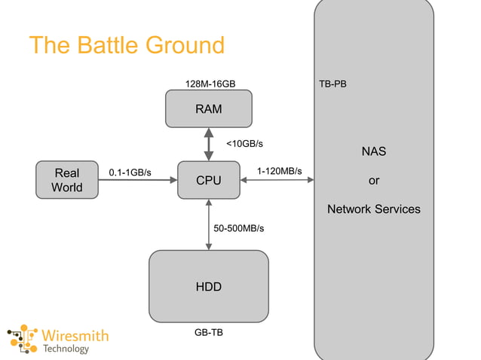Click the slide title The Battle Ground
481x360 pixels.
(x=127, y=45)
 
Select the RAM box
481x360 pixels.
(x=209, y=109)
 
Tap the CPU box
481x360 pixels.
(x=209, y=181)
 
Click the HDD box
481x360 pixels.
(x=209, y=286)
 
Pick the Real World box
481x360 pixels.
(x=67, y=180)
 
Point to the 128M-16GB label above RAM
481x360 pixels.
(x=209, y=83)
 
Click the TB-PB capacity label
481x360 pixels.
(x=332, y=83)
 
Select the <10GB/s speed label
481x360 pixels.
(x=245, y=143)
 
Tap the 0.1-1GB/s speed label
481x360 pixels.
(x=130, y=172)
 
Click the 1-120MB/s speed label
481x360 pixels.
(x=279, y=171)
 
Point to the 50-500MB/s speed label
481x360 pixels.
(x=239, y=227)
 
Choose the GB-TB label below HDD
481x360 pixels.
(x=209, y=332)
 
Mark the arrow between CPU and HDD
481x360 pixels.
(x=209, y=224)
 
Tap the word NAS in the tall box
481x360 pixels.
(x=373, y=151)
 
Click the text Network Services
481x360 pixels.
(x=373, y=209)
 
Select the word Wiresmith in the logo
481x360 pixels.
(x=75, y=335)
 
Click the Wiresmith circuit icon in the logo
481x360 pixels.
(x=23, y=340)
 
